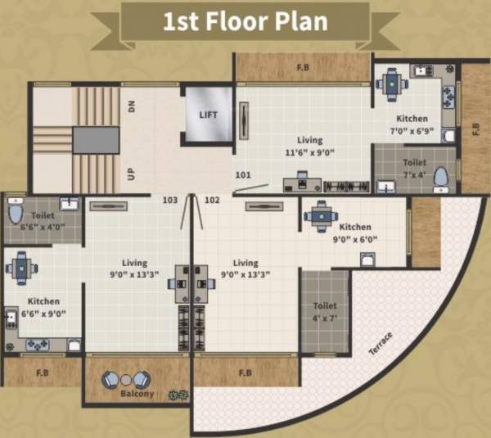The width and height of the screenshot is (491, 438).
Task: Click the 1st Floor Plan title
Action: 245,21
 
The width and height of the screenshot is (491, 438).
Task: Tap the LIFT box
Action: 209,114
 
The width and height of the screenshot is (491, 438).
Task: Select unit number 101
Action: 243,174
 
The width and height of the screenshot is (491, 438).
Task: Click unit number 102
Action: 212,199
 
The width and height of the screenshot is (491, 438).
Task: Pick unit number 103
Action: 170,199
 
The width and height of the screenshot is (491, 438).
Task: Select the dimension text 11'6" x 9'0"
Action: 310,152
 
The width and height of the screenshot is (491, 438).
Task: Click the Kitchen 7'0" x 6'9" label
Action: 412,124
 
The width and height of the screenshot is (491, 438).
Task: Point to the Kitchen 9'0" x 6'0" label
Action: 355,233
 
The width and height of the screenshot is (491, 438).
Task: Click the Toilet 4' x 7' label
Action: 325,312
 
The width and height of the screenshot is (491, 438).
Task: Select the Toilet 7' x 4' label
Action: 415,168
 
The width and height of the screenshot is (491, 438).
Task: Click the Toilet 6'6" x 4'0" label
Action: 43,222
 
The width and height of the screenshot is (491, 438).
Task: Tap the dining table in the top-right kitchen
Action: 393,82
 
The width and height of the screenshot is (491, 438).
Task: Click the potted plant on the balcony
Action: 173,395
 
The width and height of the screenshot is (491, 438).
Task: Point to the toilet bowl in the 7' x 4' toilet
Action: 440,176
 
